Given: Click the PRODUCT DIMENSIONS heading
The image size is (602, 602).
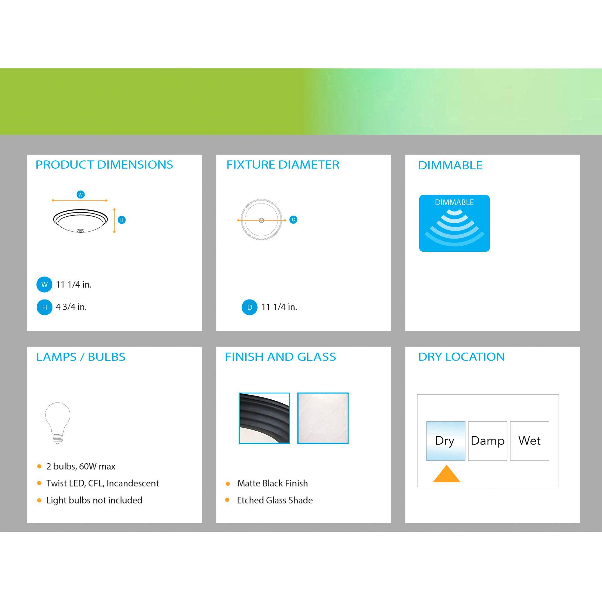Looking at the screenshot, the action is (x=104, y=165).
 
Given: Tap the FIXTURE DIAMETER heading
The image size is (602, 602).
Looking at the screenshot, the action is (x=283, y=165).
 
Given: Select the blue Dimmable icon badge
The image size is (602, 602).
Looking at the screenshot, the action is (x=454, y=223).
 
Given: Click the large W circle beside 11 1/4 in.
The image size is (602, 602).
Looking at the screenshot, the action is (x=44, y=284).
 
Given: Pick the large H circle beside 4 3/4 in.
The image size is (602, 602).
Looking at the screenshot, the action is (x=45, y=307).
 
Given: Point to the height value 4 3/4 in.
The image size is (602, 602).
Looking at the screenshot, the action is (x=71, y=307).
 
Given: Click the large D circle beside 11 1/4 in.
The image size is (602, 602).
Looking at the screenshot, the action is (x=250, y=307).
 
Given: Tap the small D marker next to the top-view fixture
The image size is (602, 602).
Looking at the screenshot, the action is (x=293, y=220).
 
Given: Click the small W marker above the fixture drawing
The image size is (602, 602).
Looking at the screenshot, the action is (x=81, y=195).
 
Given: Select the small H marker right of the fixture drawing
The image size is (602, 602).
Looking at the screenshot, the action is (x=122, y=220).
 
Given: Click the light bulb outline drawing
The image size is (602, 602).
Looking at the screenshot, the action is (x=58, y=423).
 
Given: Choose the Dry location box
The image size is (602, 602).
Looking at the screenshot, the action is (x=445, y=441).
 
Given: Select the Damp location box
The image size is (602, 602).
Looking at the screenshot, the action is (x=488, y=441).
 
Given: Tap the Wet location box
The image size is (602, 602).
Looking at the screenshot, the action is (x=529, y=441).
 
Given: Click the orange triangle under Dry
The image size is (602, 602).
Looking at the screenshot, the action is (x=446, y=474).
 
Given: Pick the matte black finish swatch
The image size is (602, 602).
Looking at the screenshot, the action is (x=264, y=418).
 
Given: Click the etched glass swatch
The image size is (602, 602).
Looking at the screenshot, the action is (x=323, y=418).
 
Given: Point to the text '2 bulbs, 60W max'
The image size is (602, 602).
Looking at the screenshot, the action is (x=81, y=467).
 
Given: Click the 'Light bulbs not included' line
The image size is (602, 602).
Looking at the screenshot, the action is (x=95, y=501).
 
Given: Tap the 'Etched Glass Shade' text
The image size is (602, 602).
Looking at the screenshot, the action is (x=275, y=501).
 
